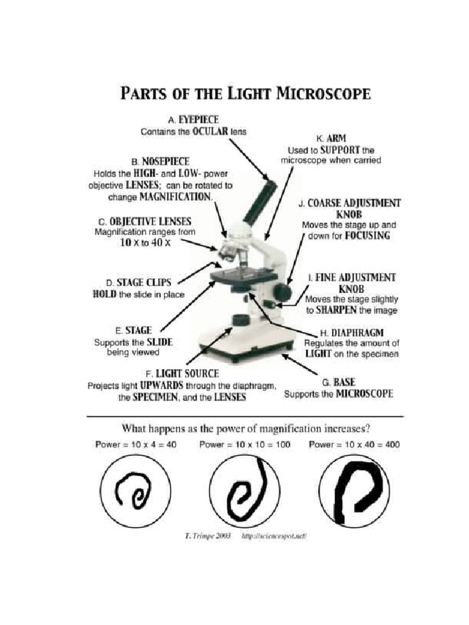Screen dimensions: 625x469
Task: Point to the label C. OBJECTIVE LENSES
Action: click(x=144, y=221)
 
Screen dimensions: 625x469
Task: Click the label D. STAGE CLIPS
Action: click(x=139, y=283)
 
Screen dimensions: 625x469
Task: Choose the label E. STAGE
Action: click(x=133, y=331)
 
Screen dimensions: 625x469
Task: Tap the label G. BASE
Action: click(x=339, y=382)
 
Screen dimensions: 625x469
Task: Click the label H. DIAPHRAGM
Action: click(x=351, y=333)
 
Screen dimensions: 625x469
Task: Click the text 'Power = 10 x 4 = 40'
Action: click(x=136, y=445)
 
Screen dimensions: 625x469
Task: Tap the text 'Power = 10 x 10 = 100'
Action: click(x=244, y=445)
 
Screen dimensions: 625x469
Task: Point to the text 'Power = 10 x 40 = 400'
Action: click(x=354, y=445)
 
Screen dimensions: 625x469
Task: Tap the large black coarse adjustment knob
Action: click(x=283, y=291)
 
